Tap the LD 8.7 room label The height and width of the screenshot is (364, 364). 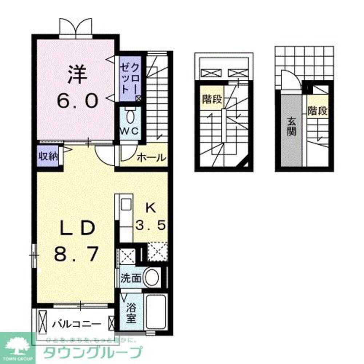(x=76, y=240)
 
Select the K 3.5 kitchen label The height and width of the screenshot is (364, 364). (x=151, y=217)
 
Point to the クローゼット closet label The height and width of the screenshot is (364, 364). (x=130, y=79)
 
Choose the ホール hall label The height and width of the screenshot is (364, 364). (x=151, y=158)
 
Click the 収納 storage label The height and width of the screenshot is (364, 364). (x=48, y=157)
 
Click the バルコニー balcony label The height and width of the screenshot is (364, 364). (x=76, y=323)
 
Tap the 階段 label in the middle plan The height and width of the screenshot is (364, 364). (x=211, y=99)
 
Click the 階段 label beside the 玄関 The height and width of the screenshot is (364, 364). (x=317, y=111)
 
